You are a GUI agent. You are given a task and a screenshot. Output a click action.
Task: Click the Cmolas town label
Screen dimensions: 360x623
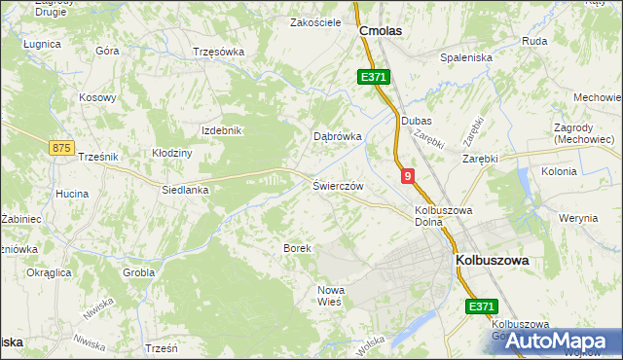point(381,31)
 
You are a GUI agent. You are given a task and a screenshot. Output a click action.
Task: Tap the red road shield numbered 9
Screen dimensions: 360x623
point(407,176)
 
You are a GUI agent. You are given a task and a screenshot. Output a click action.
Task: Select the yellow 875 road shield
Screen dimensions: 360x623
point(61,147)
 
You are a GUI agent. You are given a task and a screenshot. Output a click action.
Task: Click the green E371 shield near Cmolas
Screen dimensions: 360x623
point(373,77)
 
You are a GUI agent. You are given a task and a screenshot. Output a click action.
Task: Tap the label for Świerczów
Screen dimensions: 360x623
point(338,185)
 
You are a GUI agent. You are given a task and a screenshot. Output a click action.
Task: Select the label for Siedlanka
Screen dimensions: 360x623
point(186,191)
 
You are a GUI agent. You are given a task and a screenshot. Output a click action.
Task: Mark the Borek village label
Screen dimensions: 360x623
point(297,249)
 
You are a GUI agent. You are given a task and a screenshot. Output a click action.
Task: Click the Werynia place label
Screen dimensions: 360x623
point(579,218)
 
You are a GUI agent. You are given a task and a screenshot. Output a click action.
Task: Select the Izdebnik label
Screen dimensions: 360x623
point(220,130)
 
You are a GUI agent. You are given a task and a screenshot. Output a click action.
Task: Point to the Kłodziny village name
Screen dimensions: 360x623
point(172,154)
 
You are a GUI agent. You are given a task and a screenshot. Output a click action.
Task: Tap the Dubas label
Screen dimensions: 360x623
point(416,121)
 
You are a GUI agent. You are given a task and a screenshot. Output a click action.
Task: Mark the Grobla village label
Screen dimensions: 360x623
point(139,273)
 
